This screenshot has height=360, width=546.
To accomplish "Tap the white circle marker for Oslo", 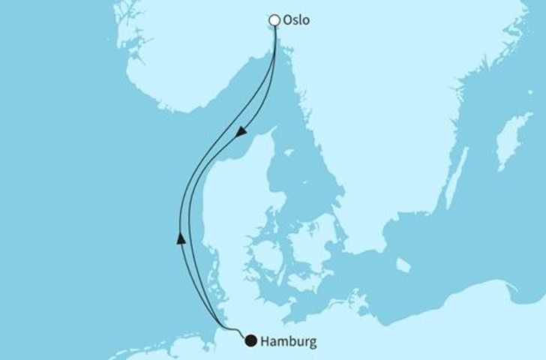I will [276, 21].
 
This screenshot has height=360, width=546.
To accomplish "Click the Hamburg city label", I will [289, 342].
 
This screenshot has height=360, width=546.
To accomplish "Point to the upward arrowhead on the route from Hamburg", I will [180, 238].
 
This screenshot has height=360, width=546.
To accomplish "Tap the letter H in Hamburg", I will [267, 342].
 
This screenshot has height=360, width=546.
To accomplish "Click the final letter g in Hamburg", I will [312, 343].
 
